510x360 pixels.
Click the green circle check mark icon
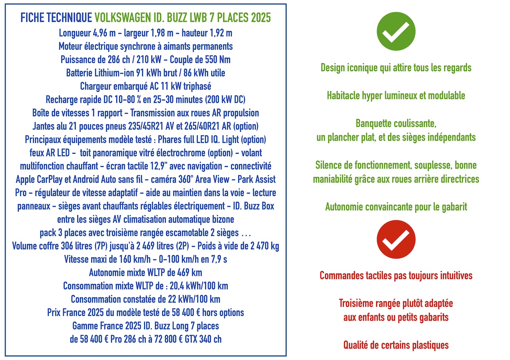tap(396, 31)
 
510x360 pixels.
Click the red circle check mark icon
tap(396, 239)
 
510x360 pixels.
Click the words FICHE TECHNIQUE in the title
tap(56, 18)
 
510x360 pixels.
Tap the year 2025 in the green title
tap(259, 18)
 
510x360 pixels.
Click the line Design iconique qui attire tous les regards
tap(396, 68)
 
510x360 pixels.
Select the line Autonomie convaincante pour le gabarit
tap(396, 207)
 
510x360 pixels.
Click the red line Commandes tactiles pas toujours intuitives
tap(396, 276)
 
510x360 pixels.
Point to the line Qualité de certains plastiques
tap(396, 345)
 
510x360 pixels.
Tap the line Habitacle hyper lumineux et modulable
tap(396, 96)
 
